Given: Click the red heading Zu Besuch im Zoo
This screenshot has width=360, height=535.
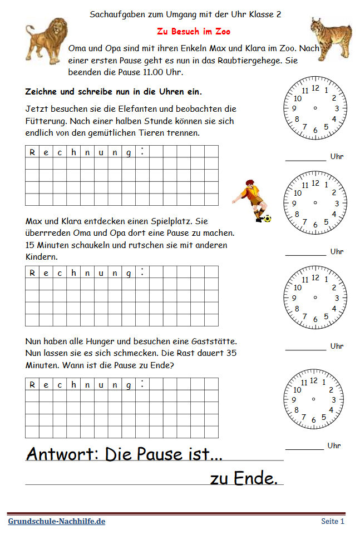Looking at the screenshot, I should [193, 32].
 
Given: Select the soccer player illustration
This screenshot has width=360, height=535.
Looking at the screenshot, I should [250, 201].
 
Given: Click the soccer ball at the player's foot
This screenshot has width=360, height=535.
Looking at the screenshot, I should [268, 219].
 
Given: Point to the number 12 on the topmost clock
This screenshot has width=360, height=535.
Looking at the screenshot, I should [315, 88].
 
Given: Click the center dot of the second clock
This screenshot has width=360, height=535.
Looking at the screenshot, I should [315, 203].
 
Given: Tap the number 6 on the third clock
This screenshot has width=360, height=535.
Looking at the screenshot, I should [315, 319].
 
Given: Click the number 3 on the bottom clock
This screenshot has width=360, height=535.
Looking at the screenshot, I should [334, 399].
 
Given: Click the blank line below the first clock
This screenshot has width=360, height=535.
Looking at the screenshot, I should [305, 160].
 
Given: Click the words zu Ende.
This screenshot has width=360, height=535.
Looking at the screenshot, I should [243, 478].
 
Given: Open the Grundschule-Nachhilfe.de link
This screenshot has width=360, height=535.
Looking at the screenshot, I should [56, 521].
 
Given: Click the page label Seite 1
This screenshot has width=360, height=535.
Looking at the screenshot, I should [333, 521].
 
